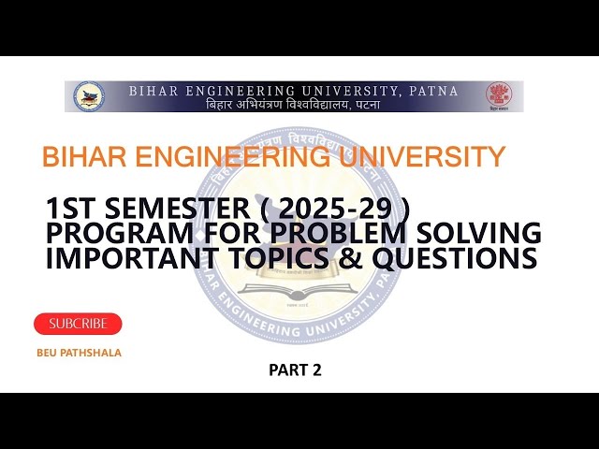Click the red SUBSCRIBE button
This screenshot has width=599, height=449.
tap(78, 324)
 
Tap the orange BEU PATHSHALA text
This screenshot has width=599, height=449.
tap(80, 353)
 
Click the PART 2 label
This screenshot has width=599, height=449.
tap(295, 369)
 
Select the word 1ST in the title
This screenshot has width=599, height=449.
tap(70, 207)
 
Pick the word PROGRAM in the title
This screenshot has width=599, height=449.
tap(107, 232)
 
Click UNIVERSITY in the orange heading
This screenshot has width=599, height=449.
tap(426, 156)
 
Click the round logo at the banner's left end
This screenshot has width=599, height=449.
tap(89, 96)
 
